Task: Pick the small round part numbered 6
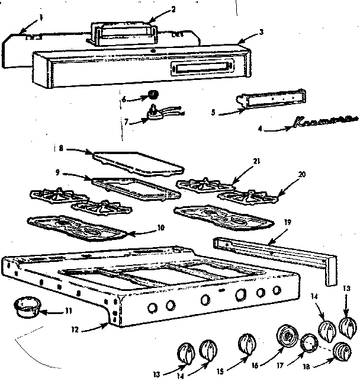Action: [x=153, y=94]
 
